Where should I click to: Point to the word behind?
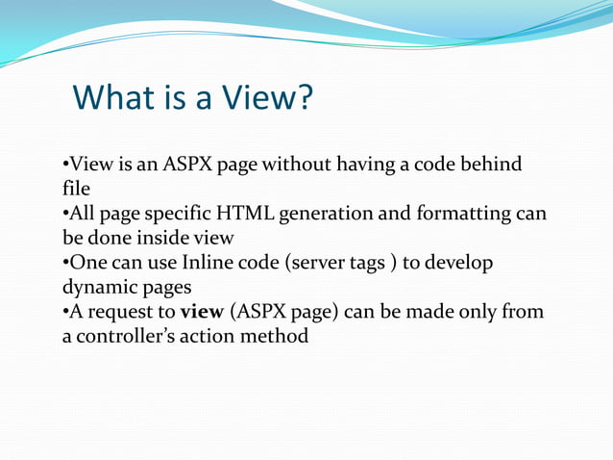pyautogui.click(x=490, y=165)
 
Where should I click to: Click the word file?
pyautogui.click(x=76, y=190)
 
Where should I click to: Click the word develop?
pyautogui.click(x=459, y=263)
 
